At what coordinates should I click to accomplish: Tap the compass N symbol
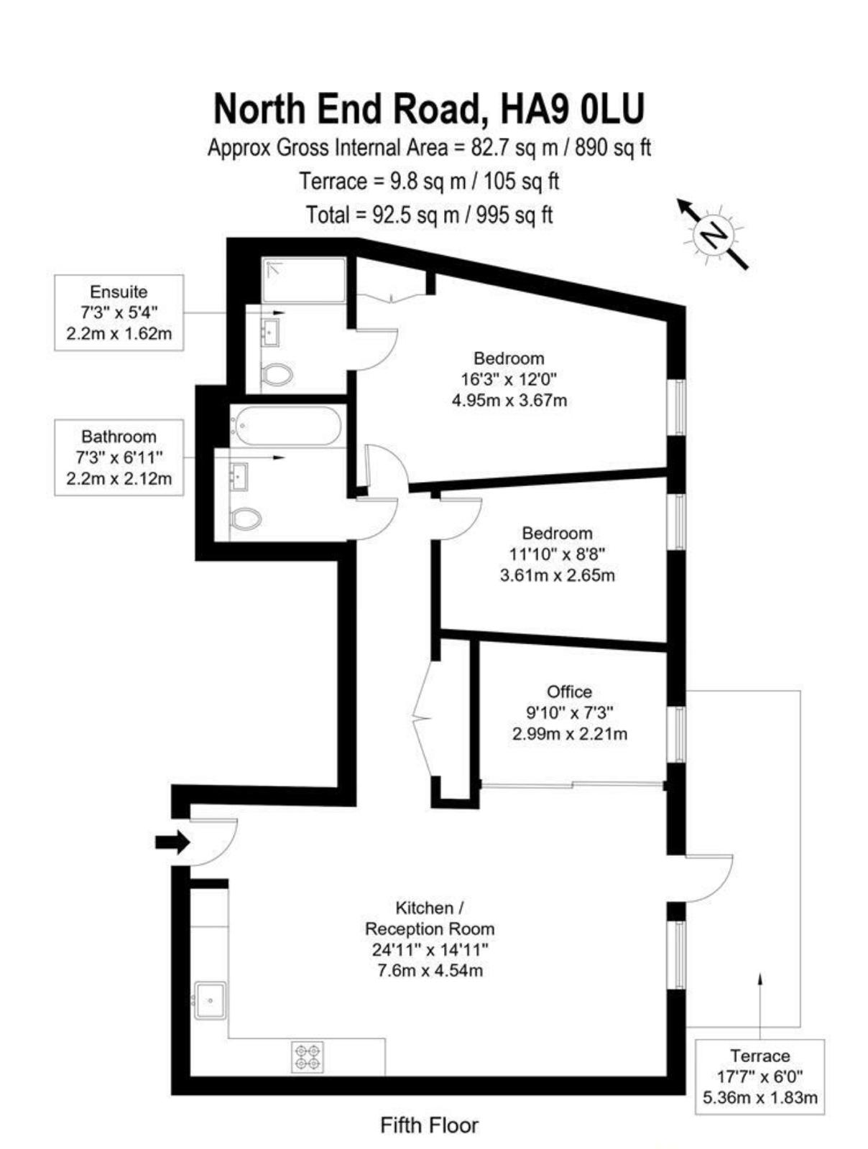click(x=713, y=235)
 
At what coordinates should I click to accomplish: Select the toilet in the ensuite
click(x=276, y=375)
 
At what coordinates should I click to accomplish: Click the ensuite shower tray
click(x=304, y=279)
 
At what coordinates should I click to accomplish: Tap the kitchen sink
click(x=211, y=1000)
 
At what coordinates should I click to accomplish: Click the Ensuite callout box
click(x=119, y=312)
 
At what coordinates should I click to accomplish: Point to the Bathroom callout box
click(x=119, y=457)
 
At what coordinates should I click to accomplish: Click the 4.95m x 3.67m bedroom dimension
click(x=509, y=401)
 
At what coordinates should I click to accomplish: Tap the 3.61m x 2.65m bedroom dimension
click(x=558, y=576)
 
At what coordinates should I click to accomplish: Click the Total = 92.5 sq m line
click(x=429, y=215)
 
